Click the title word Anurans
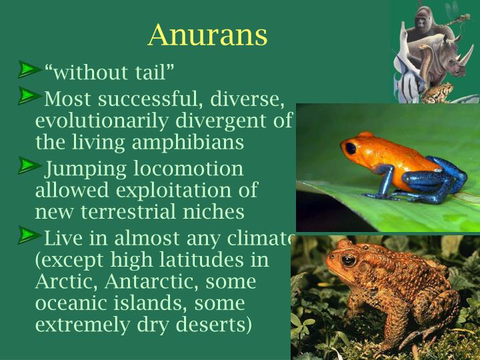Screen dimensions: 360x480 (207, 35)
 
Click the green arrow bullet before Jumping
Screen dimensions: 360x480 (29, 164)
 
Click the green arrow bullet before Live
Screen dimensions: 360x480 (29, 234)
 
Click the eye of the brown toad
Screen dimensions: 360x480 (348, 259)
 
